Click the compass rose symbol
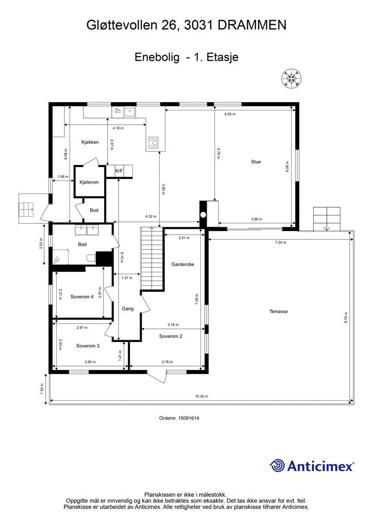click(x=292, y=78)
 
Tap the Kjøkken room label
click(x=90, y=142)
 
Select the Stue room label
click(x=256, y=161)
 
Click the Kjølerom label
click(x=89, y=182)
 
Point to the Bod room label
click(x=94, y=210)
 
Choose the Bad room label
click(x=82, y=244)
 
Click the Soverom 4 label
click(x=82, y=296)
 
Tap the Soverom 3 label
click(x=88, y=346)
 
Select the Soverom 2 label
click(x=171, y=336)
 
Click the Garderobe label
click(x=182, y=265)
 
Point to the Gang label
click(x=128, y=308)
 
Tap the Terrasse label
click(x=279, y=311)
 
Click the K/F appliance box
click(x=120, y=171)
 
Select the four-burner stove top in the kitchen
click(x=154, y=143)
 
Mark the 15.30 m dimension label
click(x=201, y=397)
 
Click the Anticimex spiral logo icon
click(x=277, y=466)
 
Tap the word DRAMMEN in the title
click(x=252, y=25)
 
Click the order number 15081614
click(x=190, y=418)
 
